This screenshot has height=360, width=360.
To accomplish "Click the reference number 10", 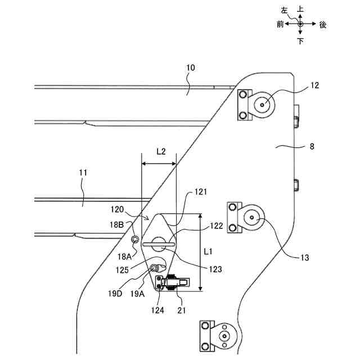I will click(x=191, y=68).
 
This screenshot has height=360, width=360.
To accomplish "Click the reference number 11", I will click(x=83, y=174).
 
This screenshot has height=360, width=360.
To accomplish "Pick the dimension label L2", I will click(x=160, y=152).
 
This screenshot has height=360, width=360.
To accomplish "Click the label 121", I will click(x=201, y=192).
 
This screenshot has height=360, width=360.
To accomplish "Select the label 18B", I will click(x=117, y=224).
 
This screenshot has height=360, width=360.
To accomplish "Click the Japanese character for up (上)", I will click(x=300, y=10).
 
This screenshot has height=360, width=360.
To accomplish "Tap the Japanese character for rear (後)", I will click(x=322, y=25).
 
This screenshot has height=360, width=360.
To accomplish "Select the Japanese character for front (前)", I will click(x=280, y=25).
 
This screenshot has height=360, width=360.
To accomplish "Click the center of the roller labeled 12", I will click(x=263, y=105).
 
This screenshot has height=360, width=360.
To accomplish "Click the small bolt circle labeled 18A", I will click(x=135, y=240).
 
